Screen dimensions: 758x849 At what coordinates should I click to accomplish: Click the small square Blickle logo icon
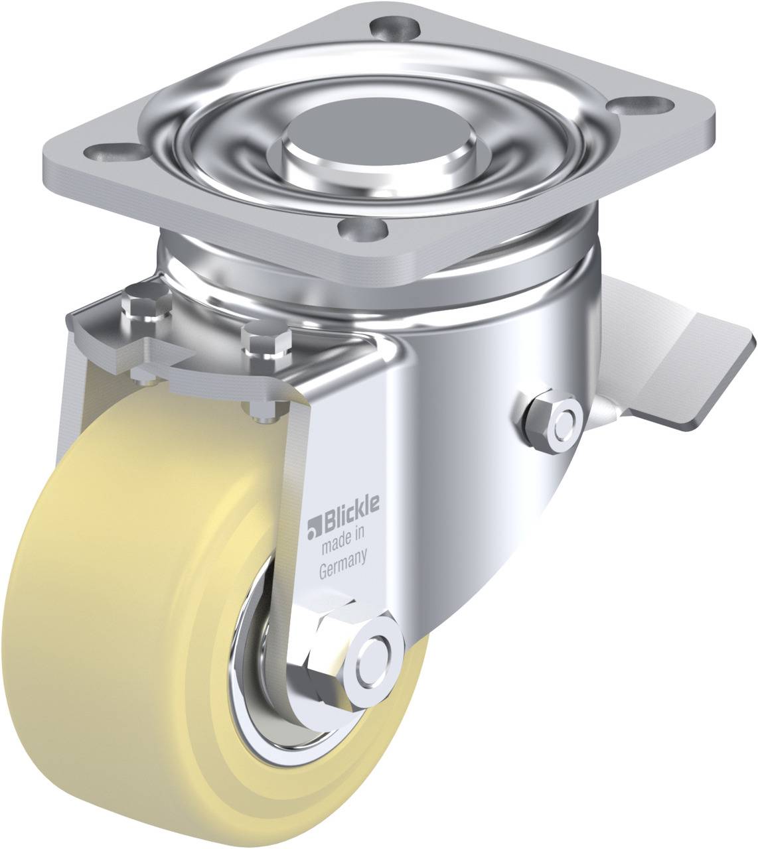point(314,527)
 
